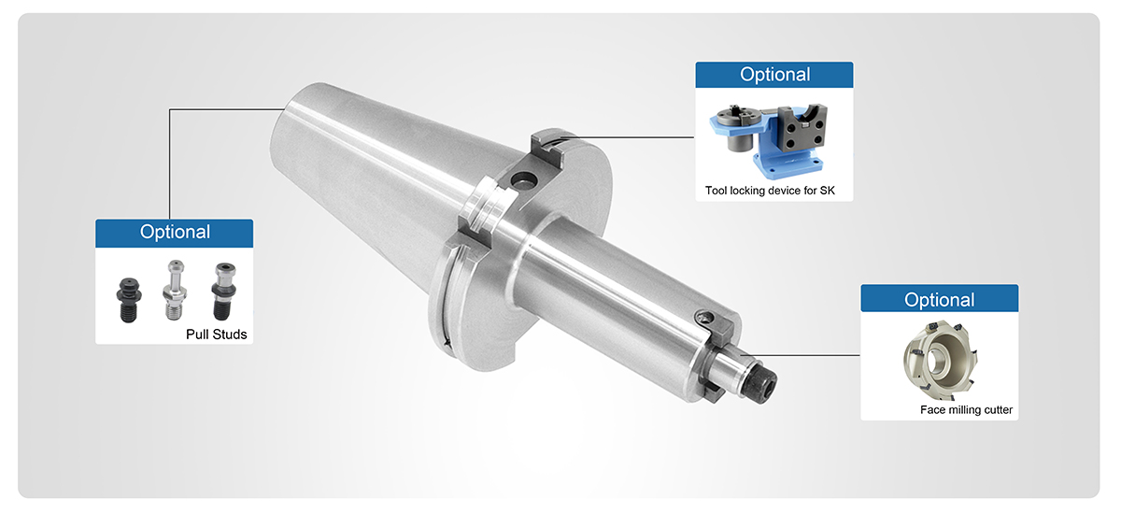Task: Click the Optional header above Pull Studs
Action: point(175,232)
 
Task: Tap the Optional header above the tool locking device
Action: point(774,75)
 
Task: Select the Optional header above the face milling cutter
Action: point(940,300)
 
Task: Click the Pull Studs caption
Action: point(216,335)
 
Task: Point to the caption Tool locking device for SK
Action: point(770,191)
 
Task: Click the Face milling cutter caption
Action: point(966,410)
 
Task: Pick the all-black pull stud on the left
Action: point(129,300)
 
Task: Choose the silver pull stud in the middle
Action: point(175,290)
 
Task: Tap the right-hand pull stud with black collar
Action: point(223,292)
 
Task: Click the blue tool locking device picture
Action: point(768,141)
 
